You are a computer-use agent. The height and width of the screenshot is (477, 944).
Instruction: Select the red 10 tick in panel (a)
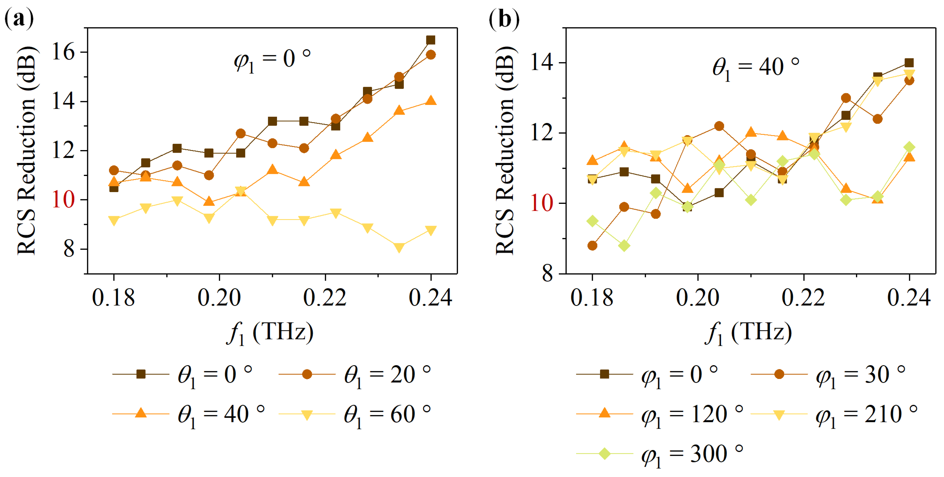click(x=63, y=200)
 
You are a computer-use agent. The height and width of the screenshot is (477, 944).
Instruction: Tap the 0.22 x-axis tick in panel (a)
click(x=325, y=298)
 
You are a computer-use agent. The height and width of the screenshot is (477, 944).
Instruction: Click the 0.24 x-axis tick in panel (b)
click(x=909, y=298)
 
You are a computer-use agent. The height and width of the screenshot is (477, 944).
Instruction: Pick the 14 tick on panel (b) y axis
click(x=542, y=63)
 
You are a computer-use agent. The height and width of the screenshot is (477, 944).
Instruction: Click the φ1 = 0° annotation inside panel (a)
click(x=272, y=60)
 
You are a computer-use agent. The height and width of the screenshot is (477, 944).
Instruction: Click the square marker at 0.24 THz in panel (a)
click(x=431, y=40)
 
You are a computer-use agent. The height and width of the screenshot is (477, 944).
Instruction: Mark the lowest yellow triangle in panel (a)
click(x=399, y=248)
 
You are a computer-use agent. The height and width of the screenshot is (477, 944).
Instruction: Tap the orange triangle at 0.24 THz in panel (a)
click(x=431, y=100)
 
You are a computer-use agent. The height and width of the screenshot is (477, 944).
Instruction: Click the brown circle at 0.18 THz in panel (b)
click(x=592, y=246)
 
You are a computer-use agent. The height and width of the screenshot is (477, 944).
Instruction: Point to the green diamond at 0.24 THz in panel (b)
click(x=909, y=147)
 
